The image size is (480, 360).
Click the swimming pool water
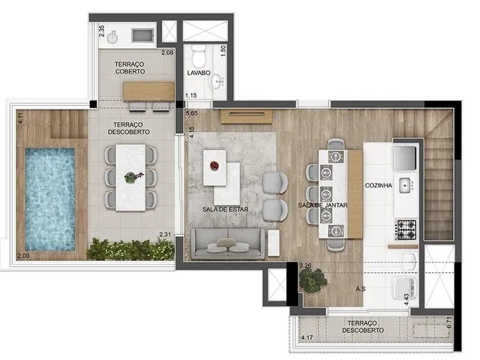click(x=50, y=199)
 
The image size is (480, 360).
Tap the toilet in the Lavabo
click(x=198, y=56)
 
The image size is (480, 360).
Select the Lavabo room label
click(x=199, y=73)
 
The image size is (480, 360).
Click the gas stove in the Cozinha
click(x=406, y=229)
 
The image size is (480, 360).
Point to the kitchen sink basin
click(x=406, y=185)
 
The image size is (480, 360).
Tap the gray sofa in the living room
click(x=228, y=244)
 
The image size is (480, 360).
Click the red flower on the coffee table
click(x=214, y=166)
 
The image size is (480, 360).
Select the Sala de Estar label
click(x=225, y=209)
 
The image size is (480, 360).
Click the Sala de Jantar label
click(x=323, y=205)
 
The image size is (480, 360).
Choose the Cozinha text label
click(x=378, y=185)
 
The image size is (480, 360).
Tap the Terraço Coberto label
click(x=130, y=67)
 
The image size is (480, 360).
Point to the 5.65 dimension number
click(x=192, y=113)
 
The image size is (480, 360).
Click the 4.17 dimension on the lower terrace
click(x=307, y=337)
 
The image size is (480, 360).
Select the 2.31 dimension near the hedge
click(x=165, y=235)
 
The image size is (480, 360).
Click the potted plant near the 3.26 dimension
click(x=313, y=280)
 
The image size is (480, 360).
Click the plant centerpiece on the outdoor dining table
click(x=133, y=177)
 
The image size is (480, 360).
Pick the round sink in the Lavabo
click(x=217, y=81)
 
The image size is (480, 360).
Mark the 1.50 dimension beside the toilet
click(x=223, y=50)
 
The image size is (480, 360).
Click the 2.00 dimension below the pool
click(x=23, y=256)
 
